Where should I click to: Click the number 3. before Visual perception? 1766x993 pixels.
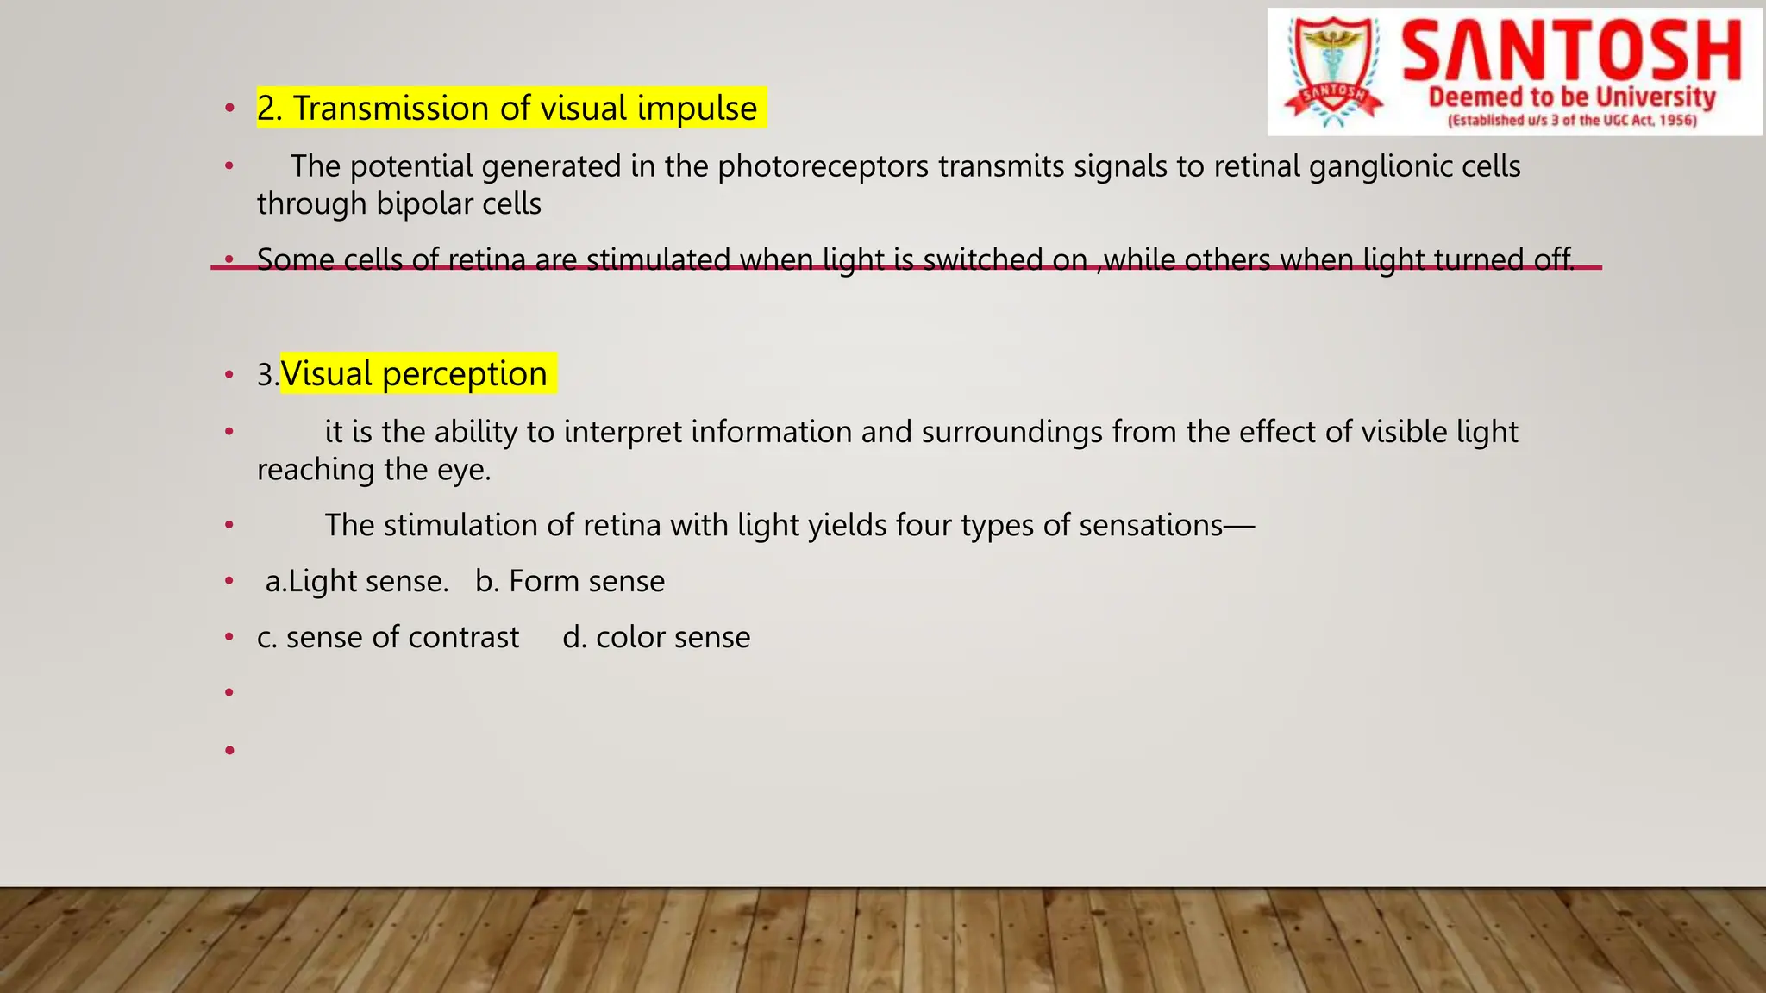(267, 375)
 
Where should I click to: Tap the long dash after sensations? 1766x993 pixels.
(1239, 526)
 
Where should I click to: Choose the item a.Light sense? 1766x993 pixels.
(357, 582)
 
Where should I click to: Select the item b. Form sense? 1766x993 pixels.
(570, 582)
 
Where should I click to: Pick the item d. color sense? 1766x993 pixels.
(656, 638)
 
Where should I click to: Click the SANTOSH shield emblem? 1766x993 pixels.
(1333, 72)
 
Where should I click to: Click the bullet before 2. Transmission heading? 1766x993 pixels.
(229, 109)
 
